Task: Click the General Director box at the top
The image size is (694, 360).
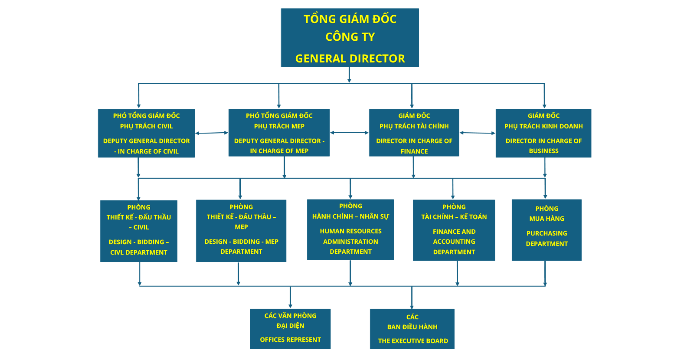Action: [350, 37]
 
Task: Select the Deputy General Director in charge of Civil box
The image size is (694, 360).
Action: [146, 133]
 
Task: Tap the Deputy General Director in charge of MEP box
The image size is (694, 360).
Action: [279, 133]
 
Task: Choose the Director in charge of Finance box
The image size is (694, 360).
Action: [414, 133]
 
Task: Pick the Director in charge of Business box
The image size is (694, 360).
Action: [543, 133]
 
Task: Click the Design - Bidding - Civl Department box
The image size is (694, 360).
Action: [139, 231]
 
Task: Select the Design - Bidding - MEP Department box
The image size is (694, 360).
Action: [241, 231]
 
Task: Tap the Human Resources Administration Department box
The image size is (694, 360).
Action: [350, 229]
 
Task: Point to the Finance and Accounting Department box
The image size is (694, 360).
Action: [454, 230]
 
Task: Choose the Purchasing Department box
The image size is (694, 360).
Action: [547, 230]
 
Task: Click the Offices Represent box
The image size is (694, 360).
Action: [290, 329]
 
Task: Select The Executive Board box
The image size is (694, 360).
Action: [412, 329]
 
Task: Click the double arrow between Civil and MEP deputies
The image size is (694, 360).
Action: [212, 133]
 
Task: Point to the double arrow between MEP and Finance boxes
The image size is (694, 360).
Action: [349, 133]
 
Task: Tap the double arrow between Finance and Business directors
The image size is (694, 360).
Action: [478, 133]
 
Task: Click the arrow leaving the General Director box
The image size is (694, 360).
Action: [349, 75]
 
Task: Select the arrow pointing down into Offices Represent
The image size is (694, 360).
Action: [290, 297]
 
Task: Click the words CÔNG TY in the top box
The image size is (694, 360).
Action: [350, 37]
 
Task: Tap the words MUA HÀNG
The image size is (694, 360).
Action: [547, 219]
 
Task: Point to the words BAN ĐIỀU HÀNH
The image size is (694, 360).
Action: [412, 327]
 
